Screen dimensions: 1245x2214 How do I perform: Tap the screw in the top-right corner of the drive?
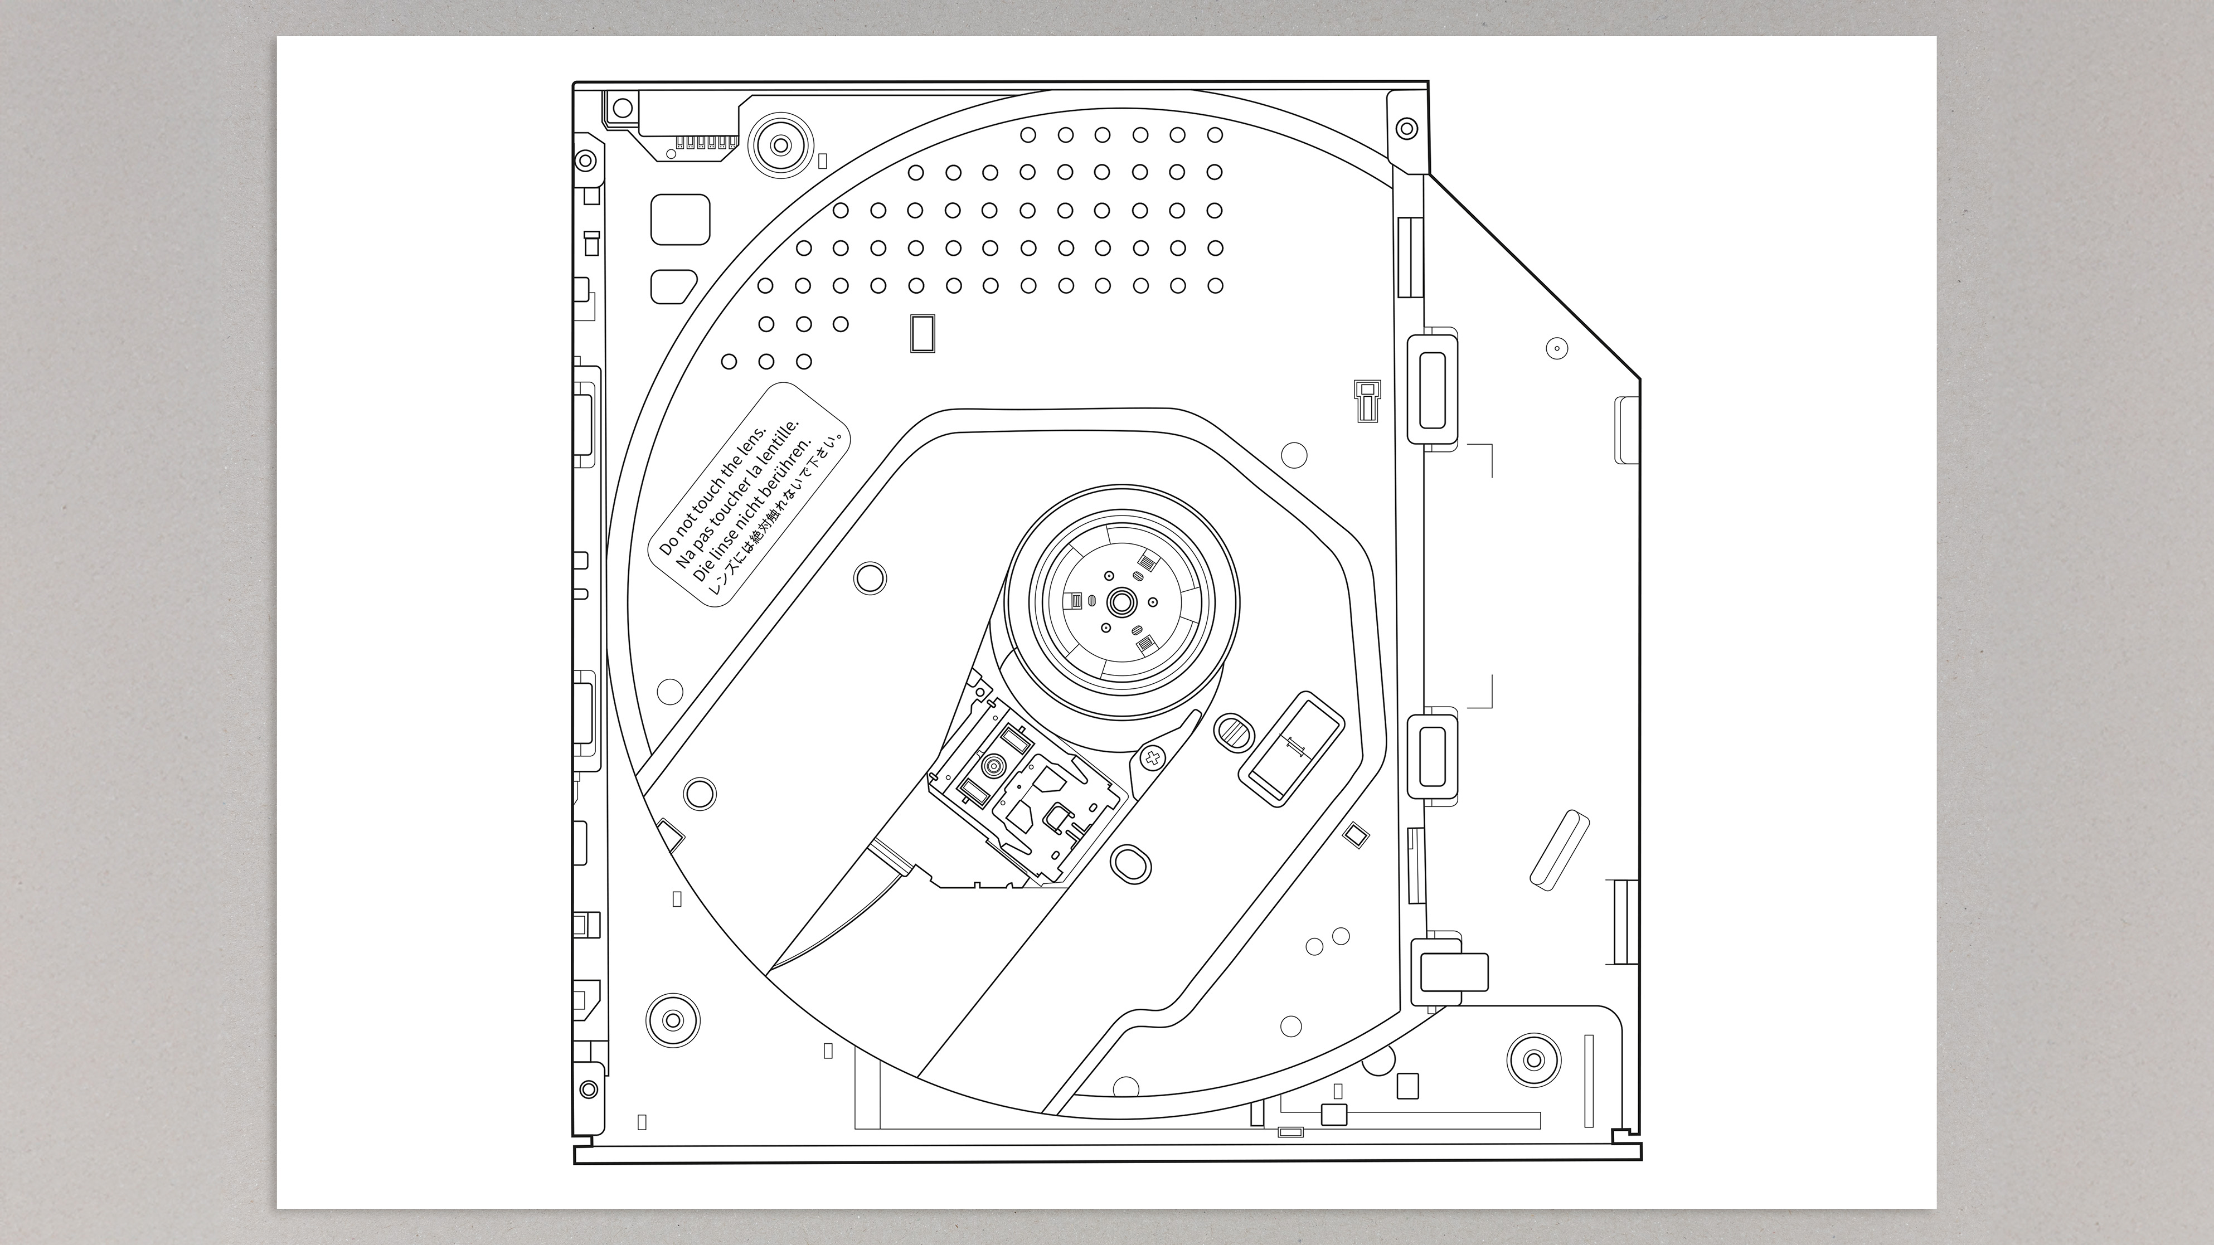coord(1406,129)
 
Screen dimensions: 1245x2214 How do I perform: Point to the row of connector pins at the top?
coord(706,142)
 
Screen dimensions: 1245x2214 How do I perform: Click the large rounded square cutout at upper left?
coord(681,219)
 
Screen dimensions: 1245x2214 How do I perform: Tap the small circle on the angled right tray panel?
coord(1556,348)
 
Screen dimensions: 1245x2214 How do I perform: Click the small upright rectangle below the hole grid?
coord(922,333)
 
